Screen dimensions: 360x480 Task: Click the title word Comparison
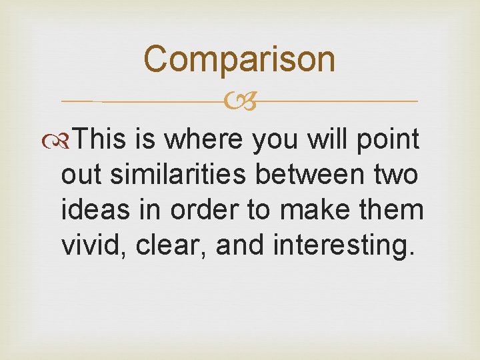tap(239, 59)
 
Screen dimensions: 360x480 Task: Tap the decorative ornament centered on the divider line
tap(239, 102)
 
